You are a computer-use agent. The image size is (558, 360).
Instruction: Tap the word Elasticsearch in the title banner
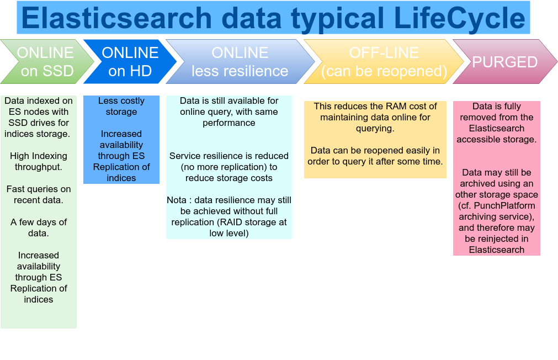[x=116, y=18]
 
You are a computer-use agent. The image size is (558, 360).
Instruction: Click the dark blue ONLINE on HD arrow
[x=130, y=62]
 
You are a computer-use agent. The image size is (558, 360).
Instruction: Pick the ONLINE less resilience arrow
[x=240, y=62]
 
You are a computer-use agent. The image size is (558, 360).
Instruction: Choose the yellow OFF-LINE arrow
[x=384, y=62]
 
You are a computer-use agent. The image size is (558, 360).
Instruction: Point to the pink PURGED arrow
[x=505, y=62]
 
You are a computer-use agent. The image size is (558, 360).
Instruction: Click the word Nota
[x=177, y=200]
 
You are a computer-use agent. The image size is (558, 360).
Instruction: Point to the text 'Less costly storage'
[x=121, y=106]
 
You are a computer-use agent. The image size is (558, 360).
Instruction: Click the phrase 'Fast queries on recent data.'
[x=39, y=194]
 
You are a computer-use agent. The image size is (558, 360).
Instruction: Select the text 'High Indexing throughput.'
[x=39, y=161]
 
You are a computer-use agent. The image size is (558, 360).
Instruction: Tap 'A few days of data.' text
[x=39, y=227]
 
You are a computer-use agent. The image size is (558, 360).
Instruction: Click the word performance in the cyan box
[x=229, y=123]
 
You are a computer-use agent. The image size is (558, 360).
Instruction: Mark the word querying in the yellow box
[x=375, y=129]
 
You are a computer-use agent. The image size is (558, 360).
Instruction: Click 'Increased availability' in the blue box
[x=121, y=140]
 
